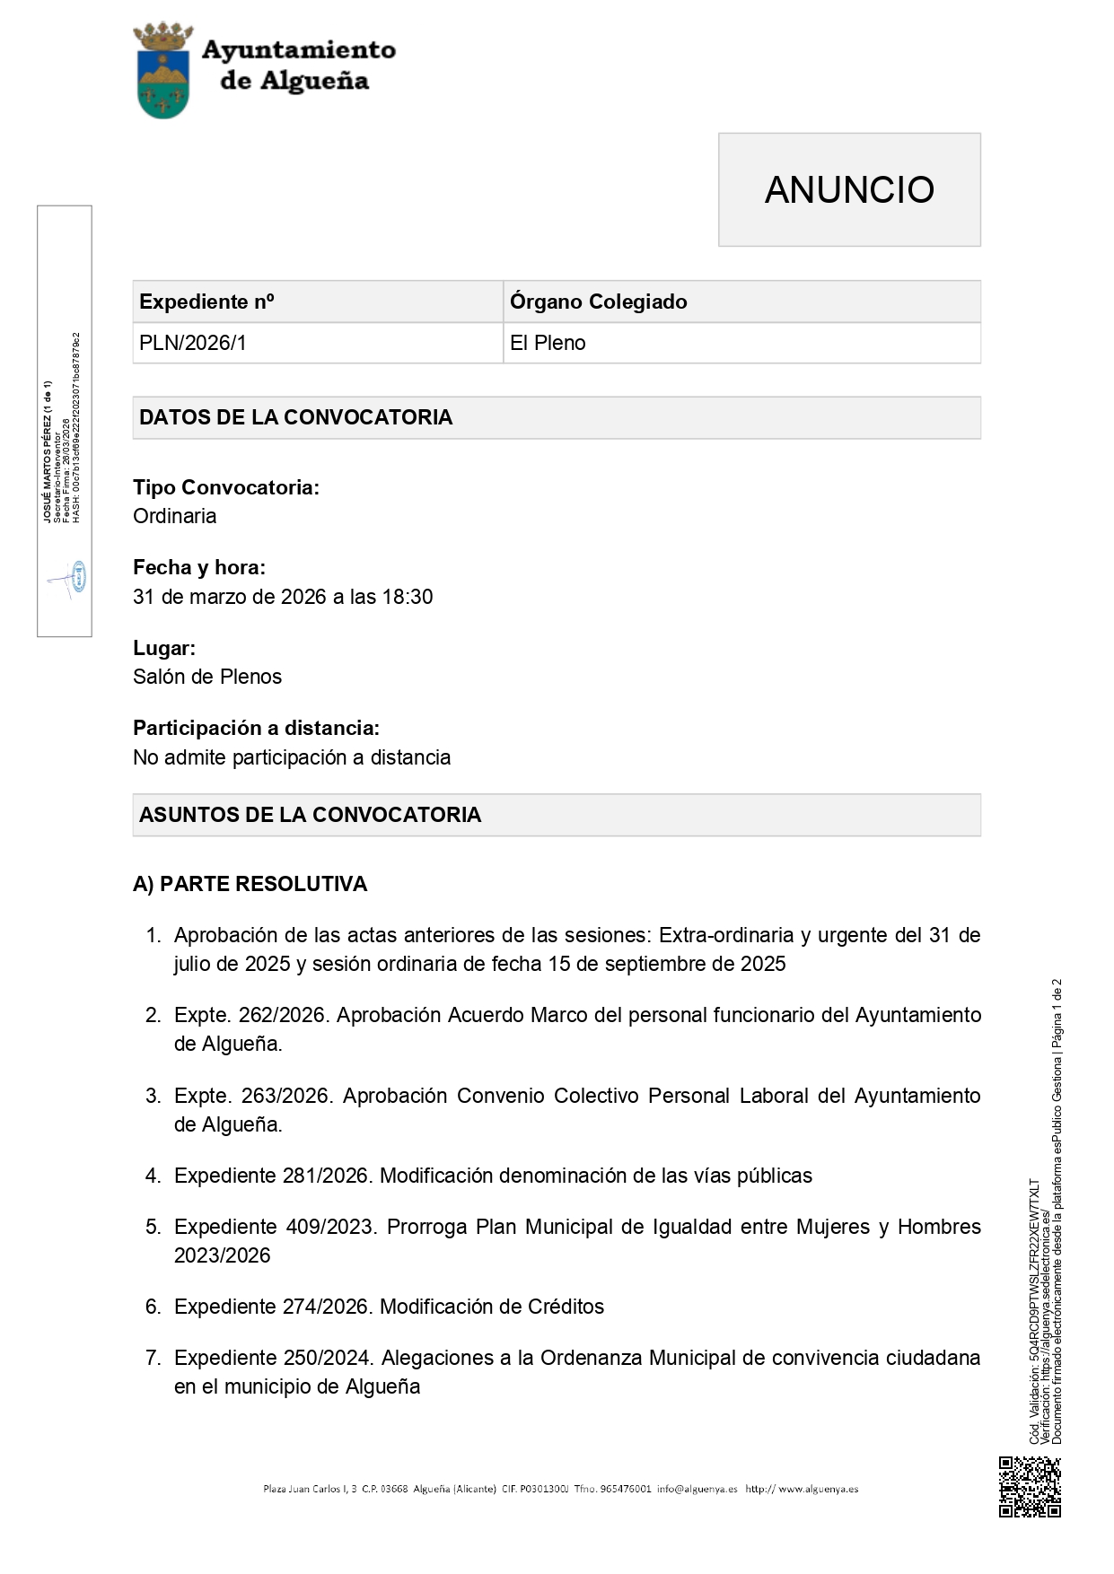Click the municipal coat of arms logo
pos(162,71)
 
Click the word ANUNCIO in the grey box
pos(849,189)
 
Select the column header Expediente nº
pos(206,302)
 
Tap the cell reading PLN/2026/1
pos(192,343)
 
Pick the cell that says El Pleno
pos(548,343)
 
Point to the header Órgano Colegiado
pos(598,302)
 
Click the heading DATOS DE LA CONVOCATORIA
pos(295,417)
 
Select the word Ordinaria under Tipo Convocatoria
pos(174,516)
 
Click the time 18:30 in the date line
pos(408,597)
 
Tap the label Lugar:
pos(164,648)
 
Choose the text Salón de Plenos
pos(207,677)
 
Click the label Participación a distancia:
pos(256,728)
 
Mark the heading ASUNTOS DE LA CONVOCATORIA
pos(310,815)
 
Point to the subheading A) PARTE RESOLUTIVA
pos(250,884)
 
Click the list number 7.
pos(153,1358)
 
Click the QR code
pos(1030,1487)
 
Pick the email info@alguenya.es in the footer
pos(697,1489)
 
